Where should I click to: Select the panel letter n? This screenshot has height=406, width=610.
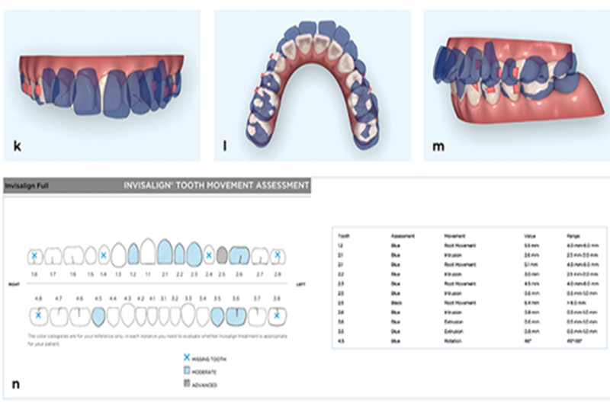point(16,384)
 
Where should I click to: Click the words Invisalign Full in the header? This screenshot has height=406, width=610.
point(28,185)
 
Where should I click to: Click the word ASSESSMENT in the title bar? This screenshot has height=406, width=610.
point(278,185)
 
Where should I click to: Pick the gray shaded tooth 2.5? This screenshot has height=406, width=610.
point(222,254)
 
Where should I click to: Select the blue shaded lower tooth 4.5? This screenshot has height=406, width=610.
point(98,315)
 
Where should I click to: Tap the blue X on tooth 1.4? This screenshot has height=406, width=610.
point(104,254)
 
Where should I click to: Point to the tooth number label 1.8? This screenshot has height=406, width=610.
point(34,273)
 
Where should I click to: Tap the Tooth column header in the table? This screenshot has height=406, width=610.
point(345,236)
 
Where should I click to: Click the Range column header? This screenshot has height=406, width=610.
point(573,236)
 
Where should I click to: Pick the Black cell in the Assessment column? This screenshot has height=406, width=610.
point(396,302)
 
